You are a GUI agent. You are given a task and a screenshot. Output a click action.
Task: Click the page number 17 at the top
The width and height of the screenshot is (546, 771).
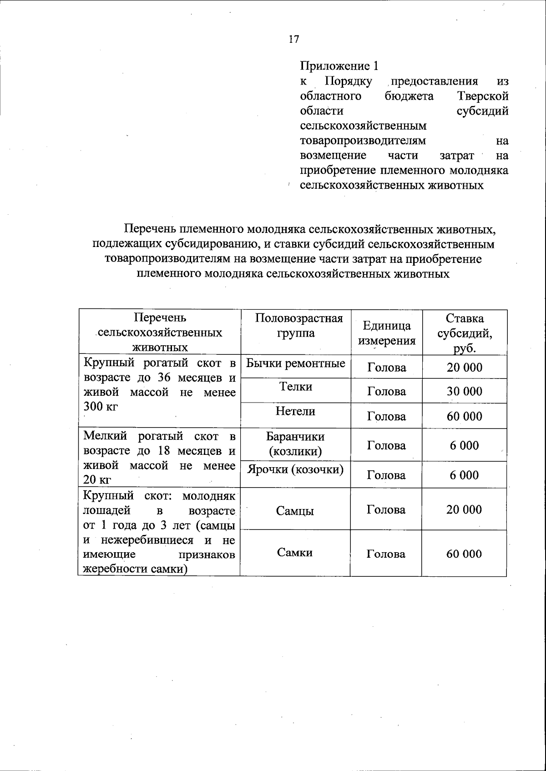click(x=294, y=39)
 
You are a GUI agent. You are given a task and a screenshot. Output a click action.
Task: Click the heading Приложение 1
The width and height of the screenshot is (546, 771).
click(x=339, y=66)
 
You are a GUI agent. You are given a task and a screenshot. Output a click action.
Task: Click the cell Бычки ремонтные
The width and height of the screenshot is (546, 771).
click(x=295, y=363)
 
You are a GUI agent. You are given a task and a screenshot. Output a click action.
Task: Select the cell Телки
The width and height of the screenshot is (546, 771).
click(x=295, y=387)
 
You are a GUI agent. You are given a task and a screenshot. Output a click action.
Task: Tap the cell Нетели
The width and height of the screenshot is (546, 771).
click(x=295, y=411)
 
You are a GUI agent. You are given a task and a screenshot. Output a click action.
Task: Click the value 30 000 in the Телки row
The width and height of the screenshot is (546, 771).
click(x=464, y=392)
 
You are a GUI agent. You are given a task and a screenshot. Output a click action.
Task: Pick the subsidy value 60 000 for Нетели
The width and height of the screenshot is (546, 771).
click(x=464, y=416)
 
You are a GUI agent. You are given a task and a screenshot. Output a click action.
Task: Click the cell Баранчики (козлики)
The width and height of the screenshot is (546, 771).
click(x=295, y=444)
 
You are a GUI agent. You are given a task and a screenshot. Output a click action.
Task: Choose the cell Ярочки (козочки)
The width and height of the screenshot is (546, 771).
click(x=295, y=469)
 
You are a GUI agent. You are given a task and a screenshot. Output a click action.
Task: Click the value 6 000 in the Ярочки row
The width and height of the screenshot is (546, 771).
click(x=464, y=475)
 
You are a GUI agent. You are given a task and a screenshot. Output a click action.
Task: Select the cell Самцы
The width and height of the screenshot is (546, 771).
click(x=295, y=511)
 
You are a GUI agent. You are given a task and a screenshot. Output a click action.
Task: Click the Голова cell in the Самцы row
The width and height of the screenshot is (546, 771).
click(x=386, y=510)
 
